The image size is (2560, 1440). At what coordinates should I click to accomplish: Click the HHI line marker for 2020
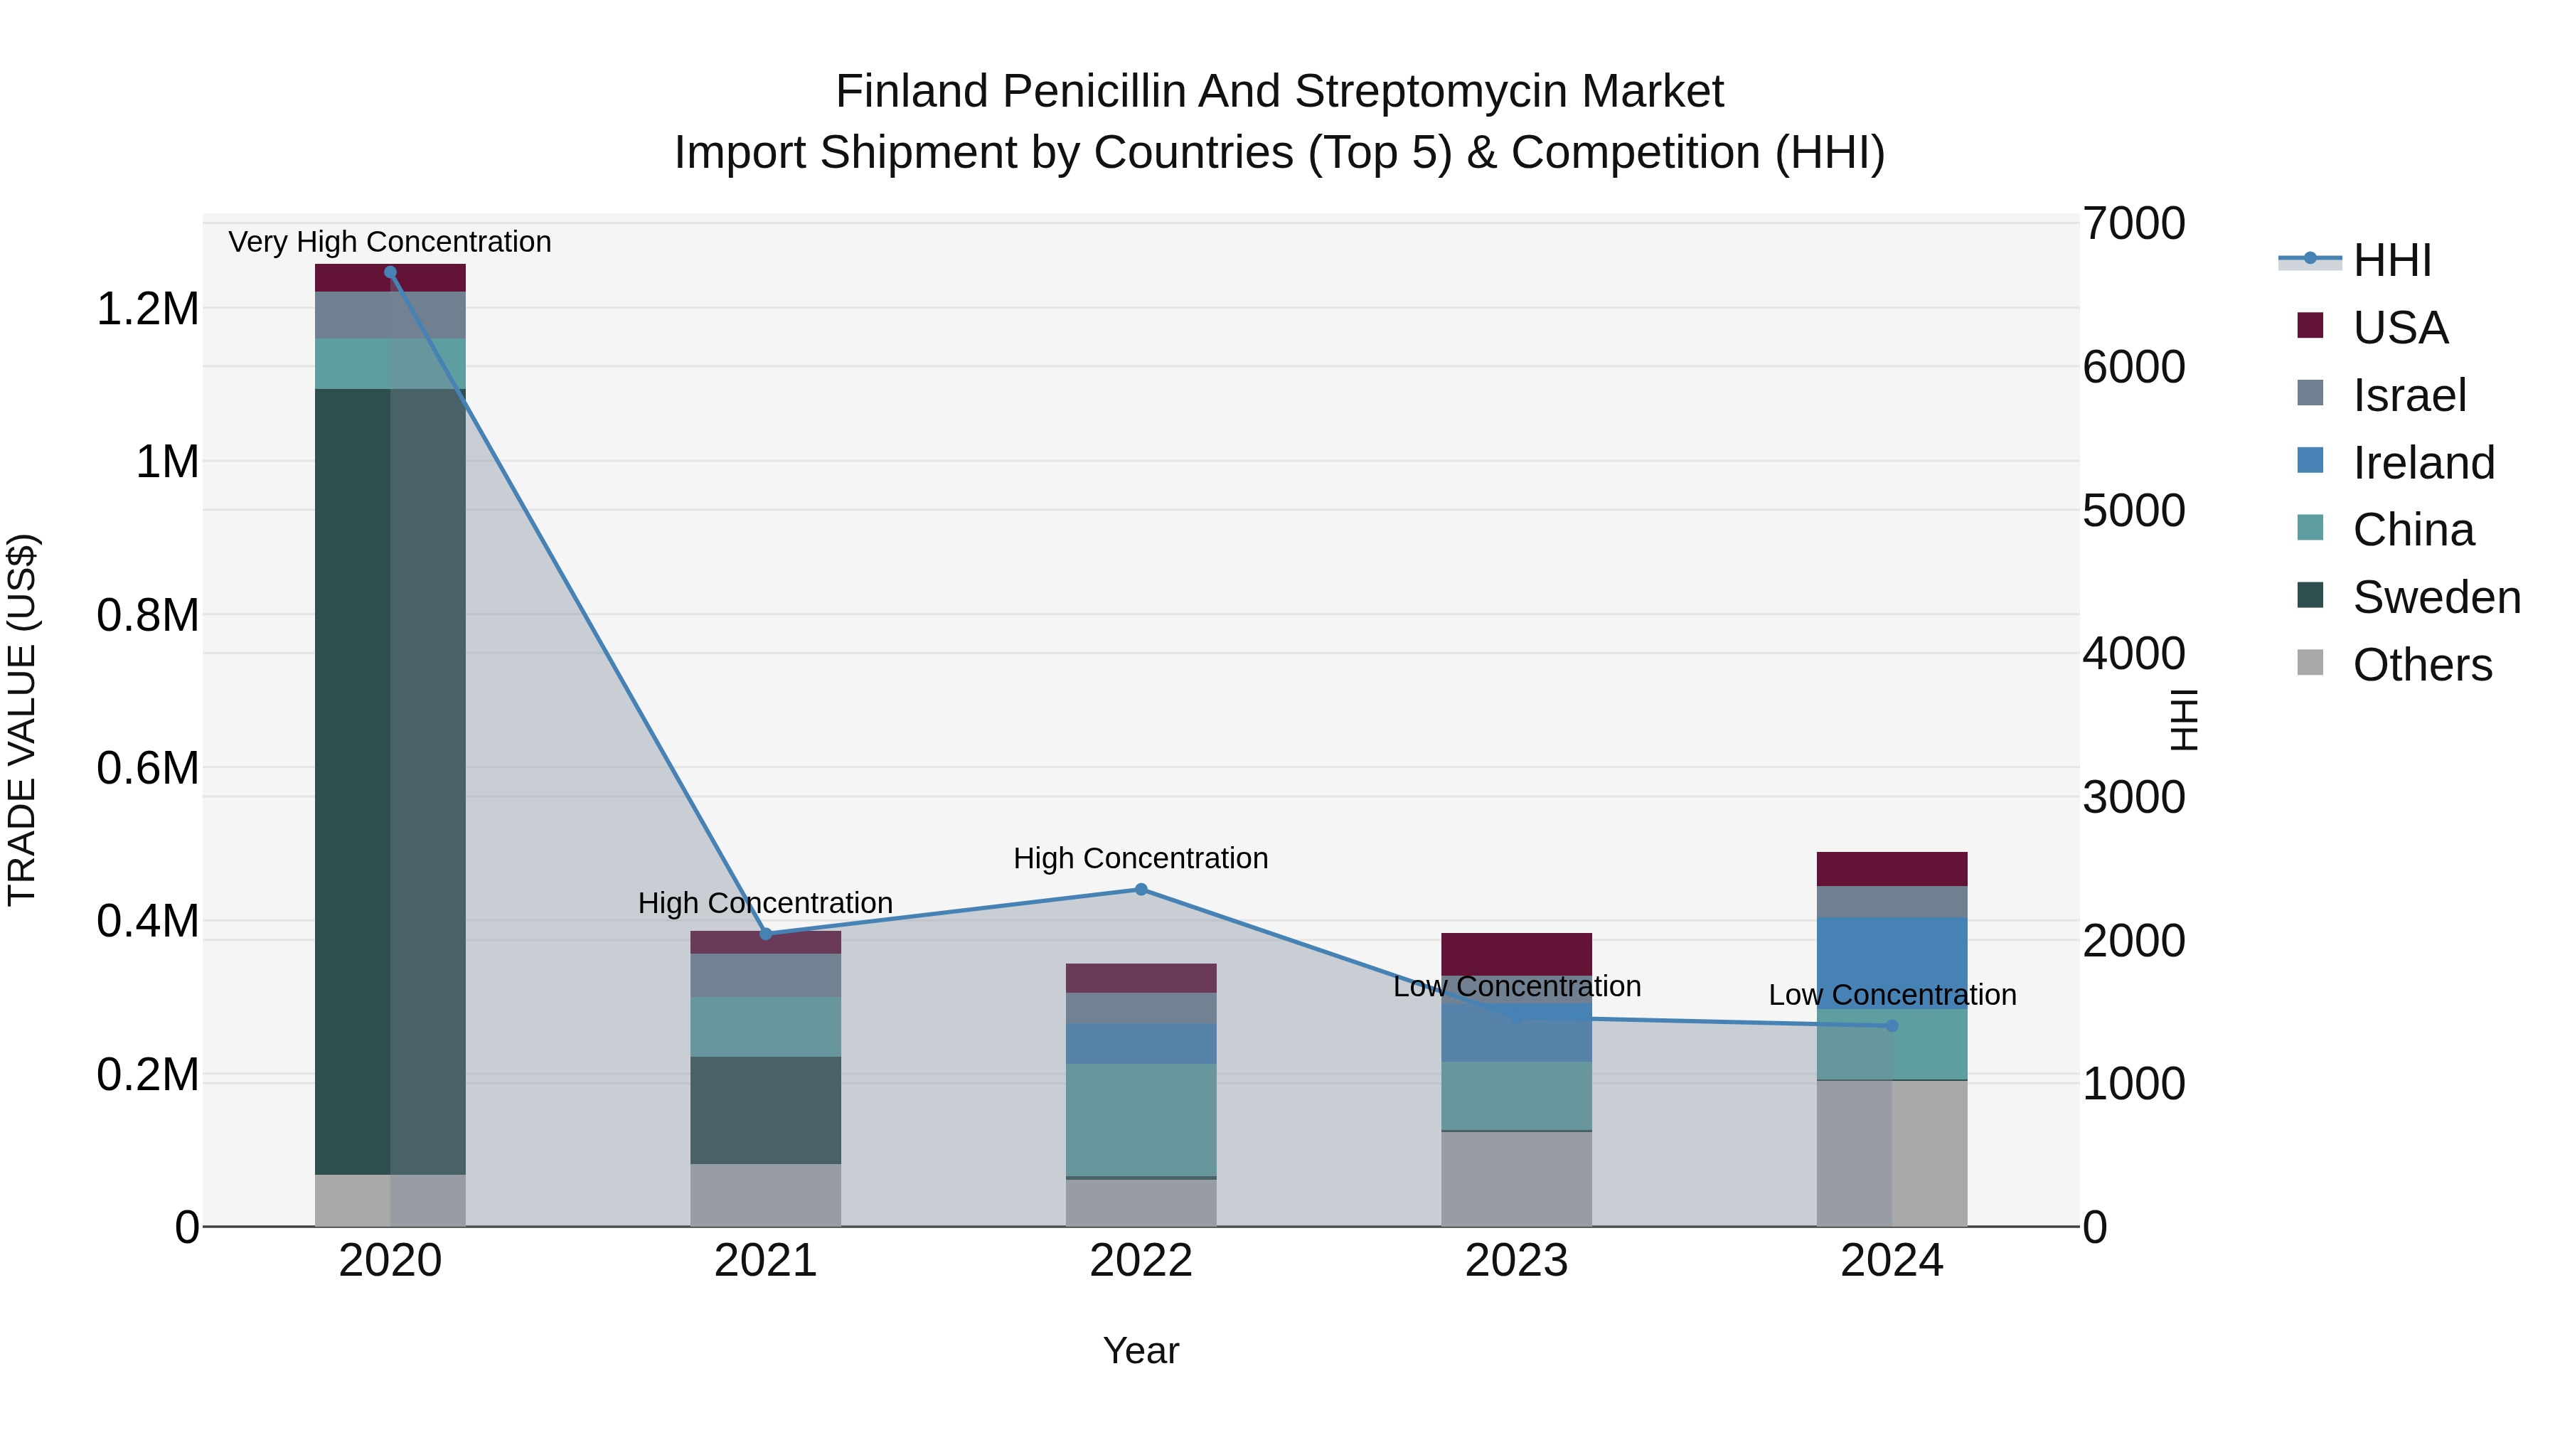[390, 272]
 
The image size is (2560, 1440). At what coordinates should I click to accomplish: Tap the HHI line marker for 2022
[1141, 890]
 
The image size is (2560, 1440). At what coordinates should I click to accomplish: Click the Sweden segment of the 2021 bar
[765, 1110]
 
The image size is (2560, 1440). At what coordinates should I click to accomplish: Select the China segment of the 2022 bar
[1141, 1120]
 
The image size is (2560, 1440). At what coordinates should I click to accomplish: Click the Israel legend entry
[2409, 395]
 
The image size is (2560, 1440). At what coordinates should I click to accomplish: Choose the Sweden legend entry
[2436, 597]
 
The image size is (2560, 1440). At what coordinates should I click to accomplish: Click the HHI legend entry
[2391, 260]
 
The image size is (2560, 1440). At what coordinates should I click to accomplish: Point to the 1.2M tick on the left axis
[147, 309]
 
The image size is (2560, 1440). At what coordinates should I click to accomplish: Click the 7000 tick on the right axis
[2133, 223]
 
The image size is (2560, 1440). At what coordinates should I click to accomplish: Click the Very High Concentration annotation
[390, 242]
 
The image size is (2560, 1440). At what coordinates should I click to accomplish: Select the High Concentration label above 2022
[1141, 858]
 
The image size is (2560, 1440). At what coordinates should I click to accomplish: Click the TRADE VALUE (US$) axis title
[22, 720]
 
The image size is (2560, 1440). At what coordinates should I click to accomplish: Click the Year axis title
[1141, 1350]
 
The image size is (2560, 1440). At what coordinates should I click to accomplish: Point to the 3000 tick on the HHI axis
[2133, 797]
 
